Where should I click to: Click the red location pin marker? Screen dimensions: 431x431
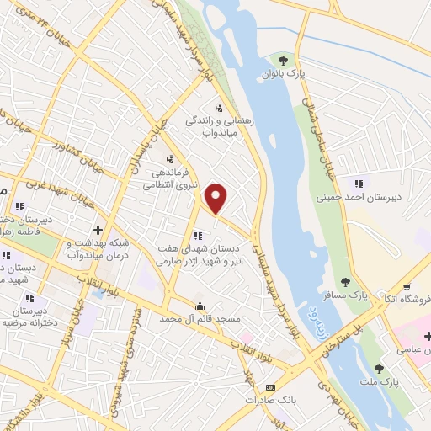point(216,199)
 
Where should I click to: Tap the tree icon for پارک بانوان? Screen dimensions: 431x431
point(284,60)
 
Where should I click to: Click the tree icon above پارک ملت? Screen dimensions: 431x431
point(379,367)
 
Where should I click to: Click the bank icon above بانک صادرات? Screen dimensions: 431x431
point(270,387)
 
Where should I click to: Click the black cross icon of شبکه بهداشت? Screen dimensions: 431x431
point(98,229)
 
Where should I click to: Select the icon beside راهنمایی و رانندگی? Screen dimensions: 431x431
point(219,107)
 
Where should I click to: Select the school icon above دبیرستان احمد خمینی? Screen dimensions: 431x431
point(359,184)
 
